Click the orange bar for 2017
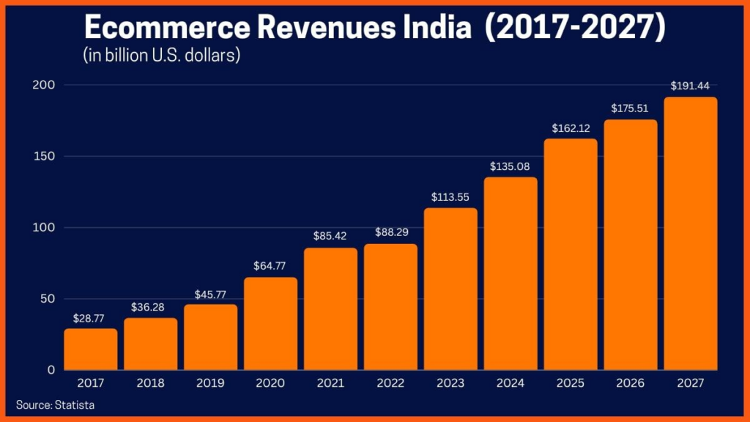(91, 349)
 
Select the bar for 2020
(271, 323)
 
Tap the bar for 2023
(450, 289)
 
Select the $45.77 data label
(210, 294)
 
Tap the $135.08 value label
(510, 166)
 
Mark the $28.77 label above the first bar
(91, 318)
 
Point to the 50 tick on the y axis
(48, 299)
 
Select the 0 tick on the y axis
(51, 370)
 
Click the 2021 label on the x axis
(330, 383)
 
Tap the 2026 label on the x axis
(631, 383)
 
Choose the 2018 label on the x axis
(150, 383)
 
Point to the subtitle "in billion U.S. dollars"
(162, 55)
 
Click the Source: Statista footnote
(56, 404)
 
